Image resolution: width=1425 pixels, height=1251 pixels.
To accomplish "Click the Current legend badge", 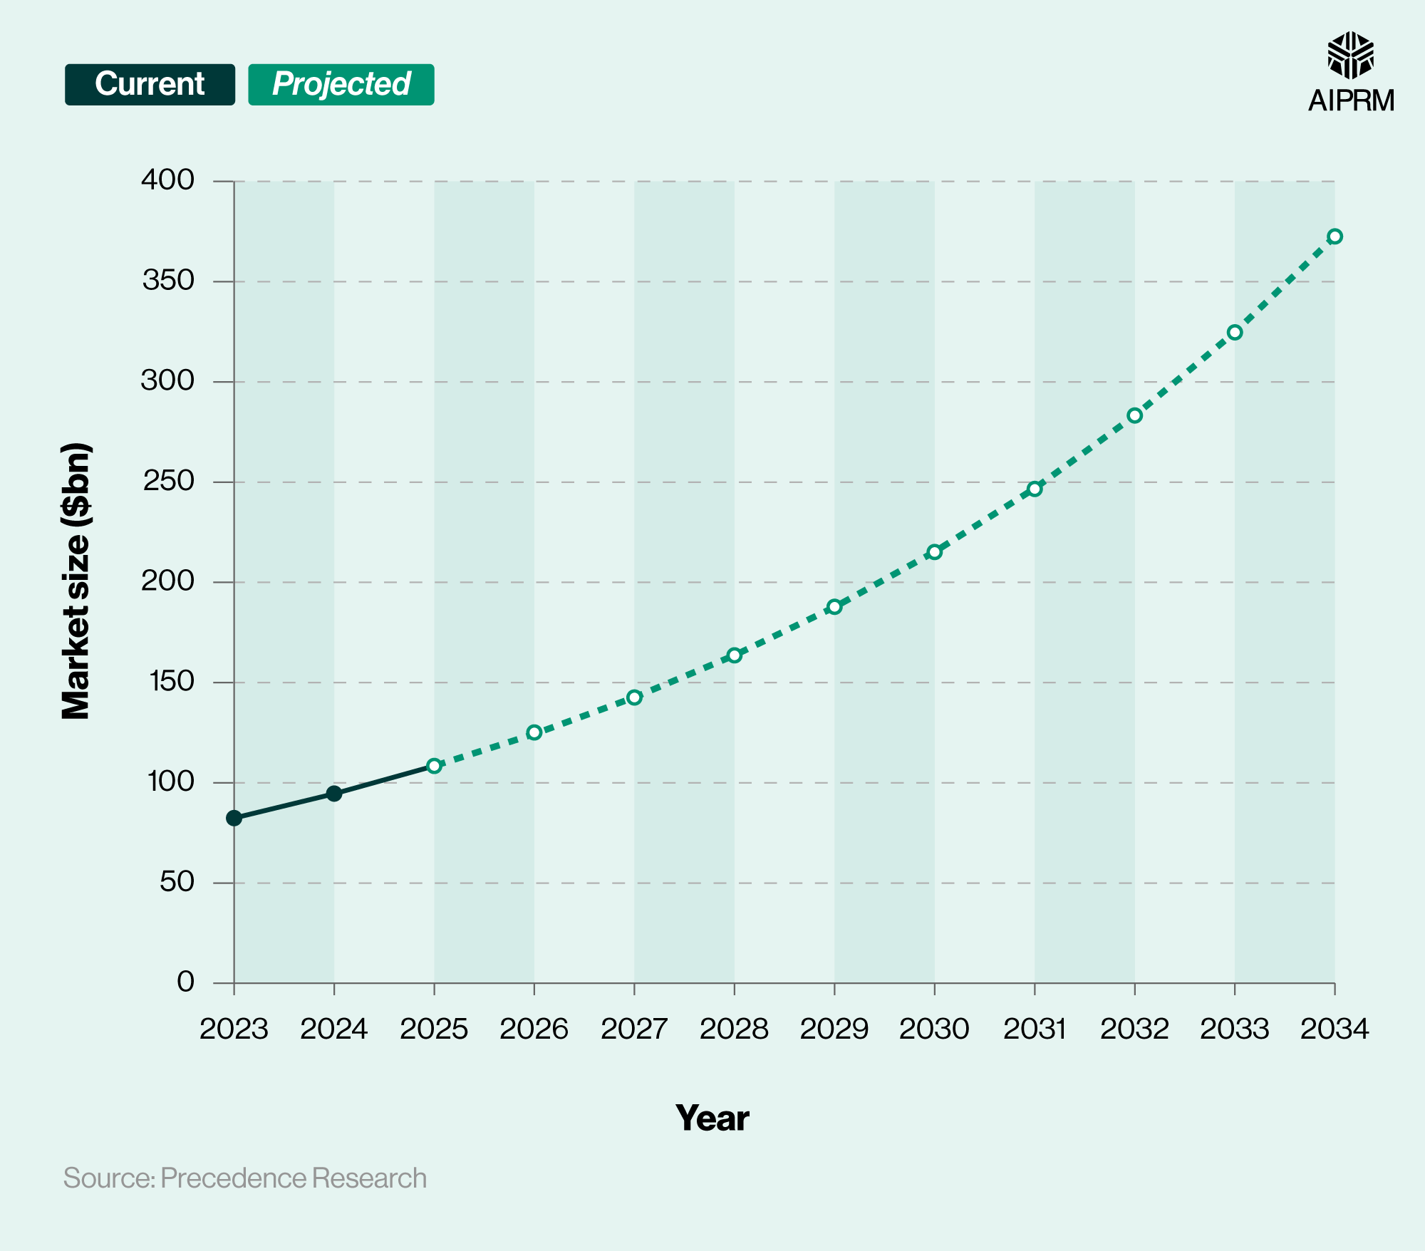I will [150, 85].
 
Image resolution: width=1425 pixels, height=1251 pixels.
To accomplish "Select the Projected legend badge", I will [341, 85].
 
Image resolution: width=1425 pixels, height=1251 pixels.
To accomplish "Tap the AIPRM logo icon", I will [1350, 55].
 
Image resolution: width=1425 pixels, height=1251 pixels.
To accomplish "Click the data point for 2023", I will [234, 818].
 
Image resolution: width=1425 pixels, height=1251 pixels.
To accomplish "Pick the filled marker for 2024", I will [334, 794].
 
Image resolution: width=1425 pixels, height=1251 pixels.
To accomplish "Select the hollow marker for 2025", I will [434, 766].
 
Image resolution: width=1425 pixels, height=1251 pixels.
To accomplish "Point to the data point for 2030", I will [935, 551].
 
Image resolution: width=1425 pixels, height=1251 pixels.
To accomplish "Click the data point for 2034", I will [1335, 237].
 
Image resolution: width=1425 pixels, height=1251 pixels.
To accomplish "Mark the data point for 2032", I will [1135, 415].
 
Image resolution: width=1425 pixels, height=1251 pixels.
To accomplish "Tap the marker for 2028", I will [735, 655].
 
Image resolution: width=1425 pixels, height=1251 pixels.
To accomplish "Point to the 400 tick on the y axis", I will [168, 180].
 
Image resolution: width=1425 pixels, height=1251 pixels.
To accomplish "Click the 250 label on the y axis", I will [168, 482].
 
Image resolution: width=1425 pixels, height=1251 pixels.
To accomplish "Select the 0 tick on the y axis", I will [185, 982].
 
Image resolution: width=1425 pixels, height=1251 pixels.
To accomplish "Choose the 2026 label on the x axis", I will [534, 1029].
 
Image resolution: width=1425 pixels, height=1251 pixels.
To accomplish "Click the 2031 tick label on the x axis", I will [1035, 1029].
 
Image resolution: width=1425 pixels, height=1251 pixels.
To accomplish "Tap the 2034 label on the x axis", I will [1335, 1029].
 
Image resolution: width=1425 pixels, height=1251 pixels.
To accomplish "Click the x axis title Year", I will [712, 1118].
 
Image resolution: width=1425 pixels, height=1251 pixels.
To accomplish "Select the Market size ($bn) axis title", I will [76, 581].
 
